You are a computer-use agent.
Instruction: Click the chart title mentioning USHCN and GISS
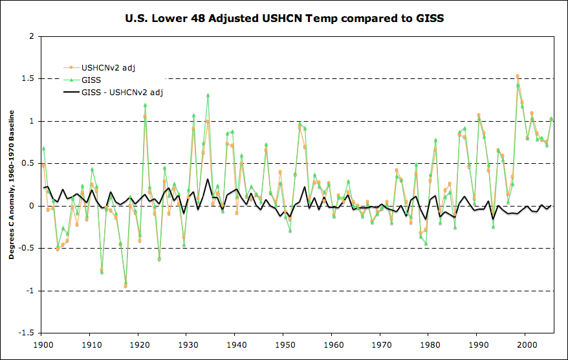(285, 18)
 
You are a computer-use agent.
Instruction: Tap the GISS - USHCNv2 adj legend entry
(122, 93)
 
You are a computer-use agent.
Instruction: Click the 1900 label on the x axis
(43, 345)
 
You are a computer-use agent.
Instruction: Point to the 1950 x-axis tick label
(285, 345)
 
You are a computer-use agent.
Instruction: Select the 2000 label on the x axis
(527, 345)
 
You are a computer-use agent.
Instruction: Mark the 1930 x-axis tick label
(188, 345)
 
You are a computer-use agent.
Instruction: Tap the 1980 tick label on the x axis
(430, 345)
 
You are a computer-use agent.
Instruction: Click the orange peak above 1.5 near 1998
(518, 76)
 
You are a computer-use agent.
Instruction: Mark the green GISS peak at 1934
(208, 95)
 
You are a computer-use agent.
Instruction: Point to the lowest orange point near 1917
(126, 286)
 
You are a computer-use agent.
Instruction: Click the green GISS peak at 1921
(145, 105)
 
